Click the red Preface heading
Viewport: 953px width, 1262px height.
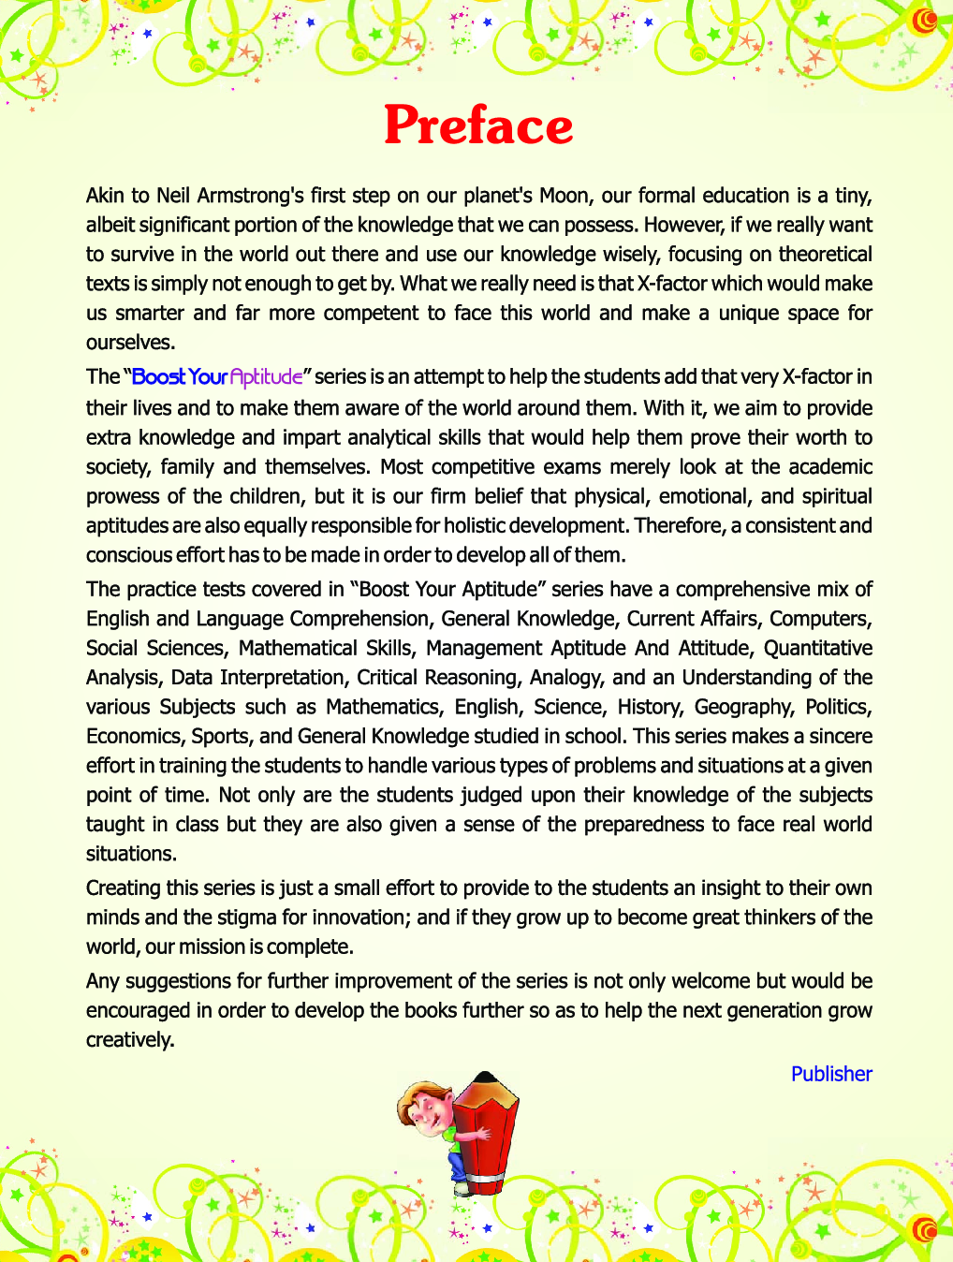(x=478, y=125)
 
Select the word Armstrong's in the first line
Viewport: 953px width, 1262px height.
(x=250, y=196)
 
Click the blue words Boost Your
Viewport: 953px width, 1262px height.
(x=180, y=376)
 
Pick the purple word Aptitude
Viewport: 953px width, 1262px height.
(x=267, y=376)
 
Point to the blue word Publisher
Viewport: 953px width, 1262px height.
(x=831, y=1074)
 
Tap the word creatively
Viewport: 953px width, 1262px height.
(x=129, y=1040)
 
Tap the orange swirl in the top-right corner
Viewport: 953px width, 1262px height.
(x=925, y=21)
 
